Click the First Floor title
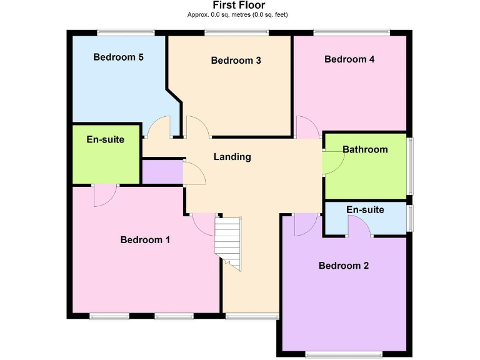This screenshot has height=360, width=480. point(239,6)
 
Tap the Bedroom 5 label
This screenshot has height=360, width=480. point(119,57)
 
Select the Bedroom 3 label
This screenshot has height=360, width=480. point(236,61)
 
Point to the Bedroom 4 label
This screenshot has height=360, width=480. point(349,59)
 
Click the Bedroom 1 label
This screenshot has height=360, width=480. point(145,240)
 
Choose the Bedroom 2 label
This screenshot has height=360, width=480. point(344,266)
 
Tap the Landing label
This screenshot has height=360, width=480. point(232,157)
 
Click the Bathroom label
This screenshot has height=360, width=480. point(365,149)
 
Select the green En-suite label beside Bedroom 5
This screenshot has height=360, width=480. point(105,139)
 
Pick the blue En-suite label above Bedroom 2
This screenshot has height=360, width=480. point(365,210)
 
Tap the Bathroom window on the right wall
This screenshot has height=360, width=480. point(410,166)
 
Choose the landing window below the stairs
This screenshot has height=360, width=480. point(251,317)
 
